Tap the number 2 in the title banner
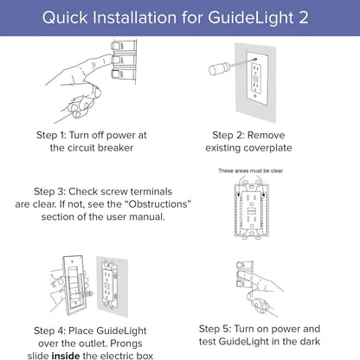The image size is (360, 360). coord(308,17)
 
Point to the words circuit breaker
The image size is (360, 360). coord(107,148)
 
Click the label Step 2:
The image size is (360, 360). coord(235,135)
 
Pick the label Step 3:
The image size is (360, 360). coord(55,190)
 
